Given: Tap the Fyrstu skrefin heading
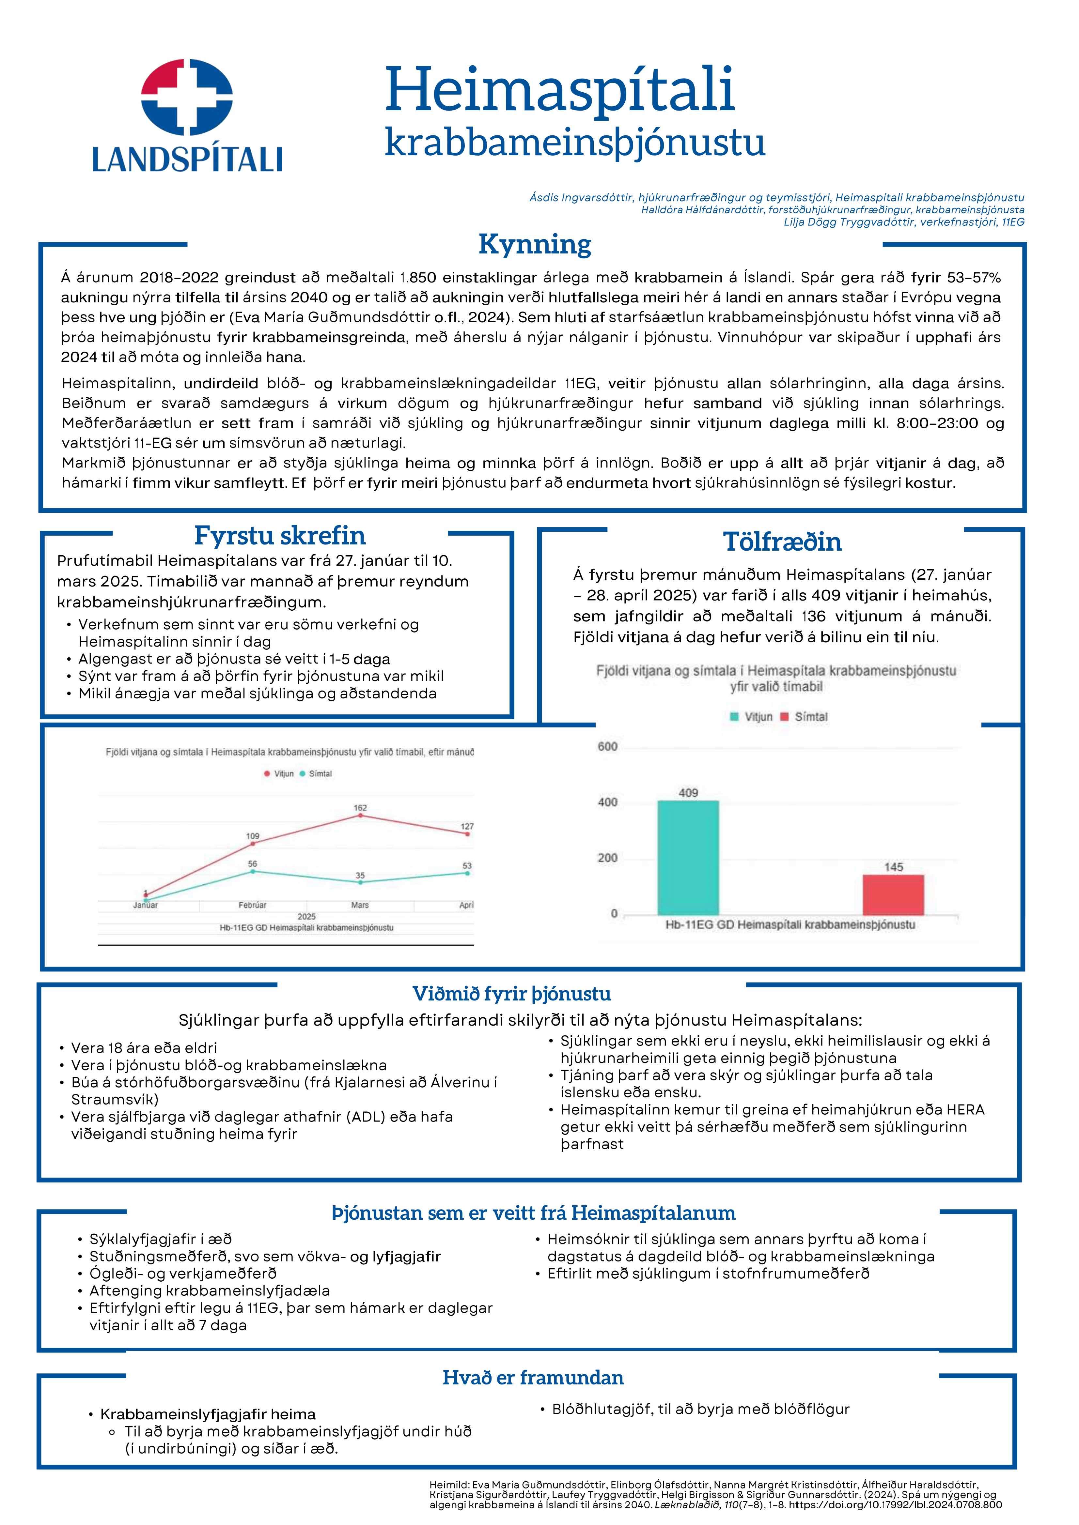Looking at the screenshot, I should click(x=280, y=535).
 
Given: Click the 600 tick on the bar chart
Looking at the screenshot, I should click(x=607, y=747).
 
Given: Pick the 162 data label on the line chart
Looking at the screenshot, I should click(x=360, y=808).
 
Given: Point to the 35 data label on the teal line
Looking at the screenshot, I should click(x=360, y=876).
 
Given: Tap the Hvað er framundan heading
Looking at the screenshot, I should click(x=533, y=1378).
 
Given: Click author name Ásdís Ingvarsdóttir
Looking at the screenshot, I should click(x=581, y=197).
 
